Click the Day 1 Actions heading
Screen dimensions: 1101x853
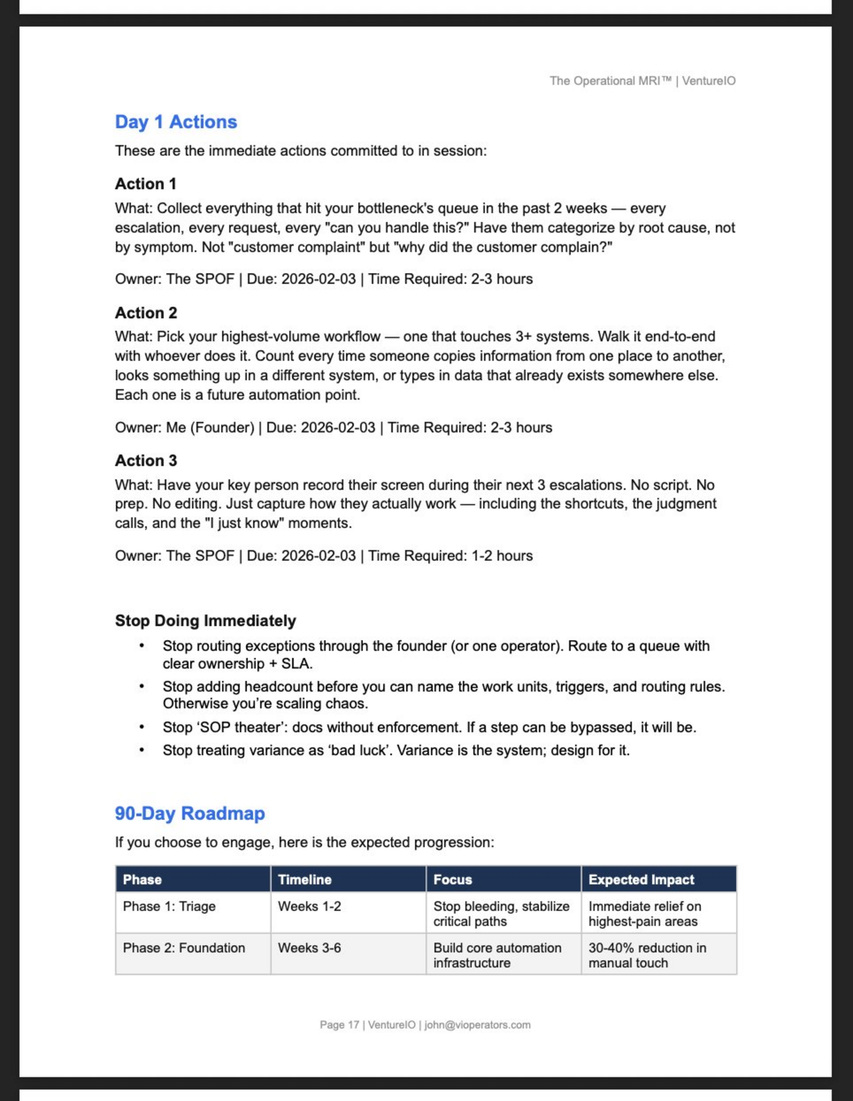pyautogui.click(x=176, y=122)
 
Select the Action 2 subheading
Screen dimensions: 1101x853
pyautogui.click(x=146, y=313)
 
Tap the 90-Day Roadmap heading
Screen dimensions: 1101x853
pyautogui.click(x=190, y=813)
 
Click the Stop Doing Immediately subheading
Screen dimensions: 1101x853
pyautogui.click(x=205, y=621)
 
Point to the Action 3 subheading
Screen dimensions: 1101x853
pyautogui.click(x=146, y=460)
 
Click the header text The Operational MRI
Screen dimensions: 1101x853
pyautogui.click(x=610, y=81)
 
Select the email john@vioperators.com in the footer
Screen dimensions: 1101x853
pyautogui.click(x=477, y=1025)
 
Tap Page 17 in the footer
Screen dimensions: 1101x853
pyautogui.click(x=339, y=1025)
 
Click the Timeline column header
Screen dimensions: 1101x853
pyautogui.click(x=304, y=880)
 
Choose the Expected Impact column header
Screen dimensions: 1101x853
pyautogui.click(x=641, y=880)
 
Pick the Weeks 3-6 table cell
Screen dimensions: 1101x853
pyautogui.click(x=309, y=948)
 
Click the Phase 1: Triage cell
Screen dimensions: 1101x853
pyautogui.click(x=169, y=906)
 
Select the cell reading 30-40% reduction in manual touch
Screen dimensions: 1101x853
pyautogui.click(x=647, y=956)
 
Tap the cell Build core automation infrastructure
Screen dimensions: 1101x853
pyautogui.click(x=497, y=956)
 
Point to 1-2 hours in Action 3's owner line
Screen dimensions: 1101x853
pyautogui.click(x=502, y=556)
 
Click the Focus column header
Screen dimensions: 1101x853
pyautogui.click(x=452, y=880)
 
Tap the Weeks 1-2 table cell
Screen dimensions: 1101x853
pyautogui.click(x=309, y=906)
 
